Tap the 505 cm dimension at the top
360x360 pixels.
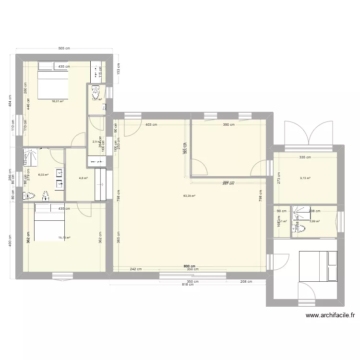[64, 48]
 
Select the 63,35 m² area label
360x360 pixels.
[190, 196]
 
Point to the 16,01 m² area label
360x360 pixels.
[58, 101]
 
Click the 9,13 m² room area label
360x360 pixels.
[305, 179]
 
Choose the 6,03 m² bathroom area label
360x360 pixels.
[43, 175]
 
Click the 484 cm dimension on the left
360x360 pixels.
[11, 101]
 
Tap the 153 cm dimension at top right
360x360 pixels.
[119, 69]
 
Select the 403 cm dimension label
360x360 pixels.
[151, 125]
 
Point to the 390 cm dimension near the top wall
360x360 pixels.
[228, 125]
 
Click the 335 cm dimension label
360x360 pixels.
[305, 157]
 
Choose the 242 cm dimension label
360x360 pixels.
[136, 269]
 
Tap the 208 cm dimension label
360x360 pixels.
[246, 282]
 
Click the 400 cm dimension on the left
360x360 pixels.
[11, 240]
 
